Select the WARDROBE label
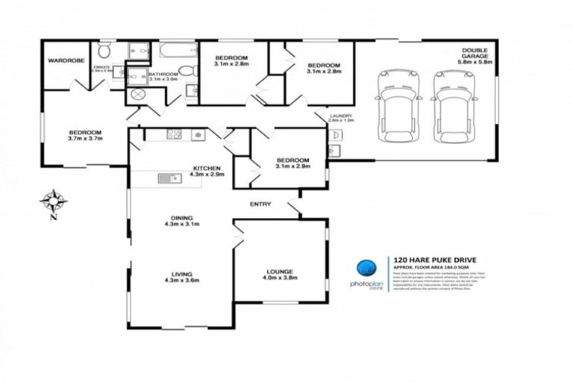(x=65, y=60)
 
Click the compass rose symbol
(x=54, y=202)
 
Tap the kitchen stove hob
(x=175, y=135)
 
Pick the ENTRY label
(x=260, y=204)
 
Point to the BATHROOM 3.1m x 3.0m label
(x=163, y=77)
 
